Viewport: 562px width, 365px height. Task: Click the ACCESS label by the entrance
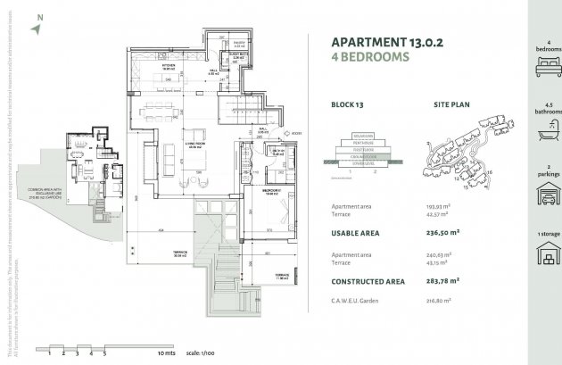(x=297, y=133)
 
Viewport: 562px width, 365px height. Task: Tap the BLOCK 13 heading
(x=347, y=104)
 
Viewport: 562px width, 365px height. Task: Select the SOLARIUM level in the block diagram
(x=363, y=135)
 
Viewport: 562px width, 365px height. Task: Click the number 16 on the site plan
(x=489, y=171)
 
